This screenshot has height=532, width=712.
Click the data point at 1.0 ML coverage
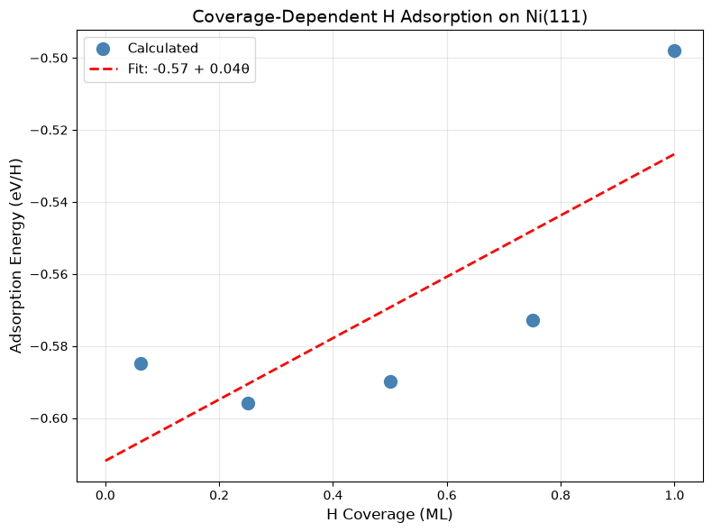tap(674, 50)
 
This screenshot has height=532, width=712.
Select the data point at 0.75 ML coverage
tap(533, 320)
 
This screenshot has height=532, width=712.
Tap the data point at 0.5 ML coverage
tap(390, 381)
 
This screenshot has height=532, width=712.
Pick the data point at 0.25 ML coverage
tap(248, 403)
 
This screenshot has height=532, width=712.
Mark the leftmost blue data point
tap(141, 363)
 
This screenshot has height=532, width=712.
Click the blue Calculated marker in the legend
tap(103, 49)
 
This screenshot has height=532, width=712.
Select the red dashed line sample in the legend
tap(104, 69)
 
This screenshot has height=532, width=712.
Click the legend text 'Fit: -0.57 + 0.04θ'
tap(188, 69)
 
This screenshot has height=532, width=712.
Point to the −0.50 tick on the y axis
tap(49, 58)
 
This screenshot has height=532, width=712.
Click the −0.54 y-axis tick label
tap(49, 202)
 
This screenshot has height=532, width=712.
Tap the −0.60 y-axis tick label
tap(49, 418)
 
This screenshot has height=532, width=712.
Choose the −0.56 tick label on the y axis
tap(49, 274)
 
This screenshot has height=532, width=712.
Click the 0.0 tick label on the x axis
tap(105, 495)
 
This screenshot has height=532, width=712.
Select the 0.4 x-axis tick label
tap(333, 495)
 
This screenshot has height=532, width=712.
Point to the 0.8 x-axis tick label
tap(561, 495)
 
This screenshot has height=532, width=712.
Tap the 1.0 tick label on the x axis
tap(674, 495)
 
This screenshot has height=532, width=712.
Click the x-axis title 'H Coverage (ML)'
tap(389, 514)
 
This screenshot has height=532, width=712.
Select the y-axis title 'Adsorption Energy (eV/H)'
tap(15, 256)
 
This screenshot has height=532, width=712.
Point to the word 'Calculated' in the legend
tap(162, 48)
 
